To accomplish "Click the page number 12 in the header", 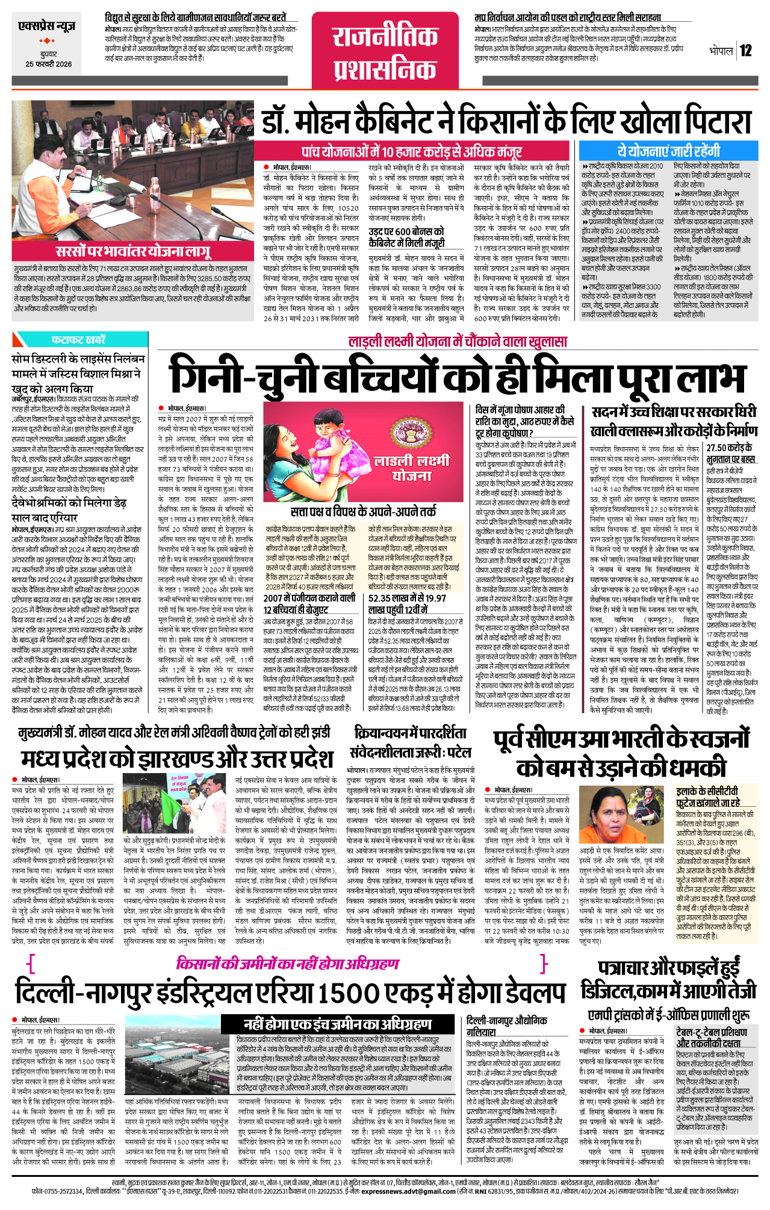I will tap(745, 51).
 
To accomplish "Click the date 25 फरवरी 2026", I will tap(48, 64).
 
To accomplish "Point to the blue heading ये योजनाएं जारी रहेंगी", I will tap(668, 151).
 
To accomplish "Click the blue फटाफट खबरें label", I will tap(79, 339).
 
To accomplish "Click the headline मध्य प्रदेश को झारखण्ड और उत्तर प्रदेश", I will tap(177, 758).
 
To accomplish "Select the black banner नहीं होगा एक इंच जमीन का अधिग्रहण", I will tap(338, 1024).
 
